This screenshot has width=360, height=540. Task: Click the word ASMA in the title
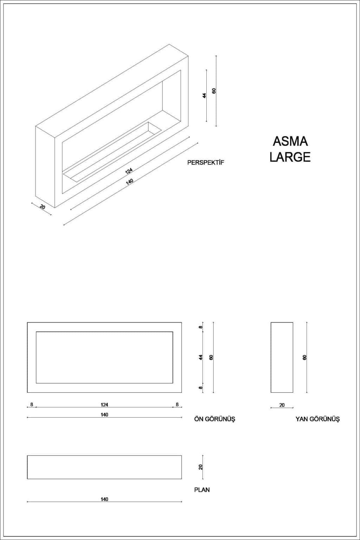pos(290,141)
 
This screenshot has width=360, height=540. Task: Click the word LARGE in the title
pos(290,157)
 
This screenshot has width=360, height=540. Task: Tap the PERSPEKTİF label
pos(206,162)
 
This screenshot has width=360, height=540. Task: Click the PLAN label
pos(202,490)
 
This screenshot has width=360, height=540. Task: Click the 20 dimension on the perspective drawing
pos(43,207)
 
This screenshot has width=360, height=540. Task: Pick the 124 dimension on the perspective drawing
pos(129,171)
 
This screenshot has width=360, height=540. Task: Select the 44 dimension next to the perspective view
pos(205,96)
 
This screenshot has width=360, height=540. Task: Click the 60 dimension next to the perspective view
pos(214,91)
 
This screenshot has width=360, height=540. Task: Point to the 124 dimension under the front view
pos(104,405)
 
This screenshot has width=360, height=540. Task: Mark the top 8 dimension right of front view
pos(201,327)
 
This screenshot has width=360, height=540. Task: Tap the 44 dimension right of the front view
pos(201,357)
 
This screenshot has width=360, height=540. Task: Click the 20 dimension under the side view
pos(282,405)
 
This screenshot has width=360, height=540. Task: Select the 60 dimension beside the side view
pos(304,357)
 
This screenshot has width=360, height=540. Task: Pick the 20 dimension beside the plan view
pos(201,467)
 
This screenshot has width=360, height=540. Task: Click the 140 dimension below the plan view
pos(104,499)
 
